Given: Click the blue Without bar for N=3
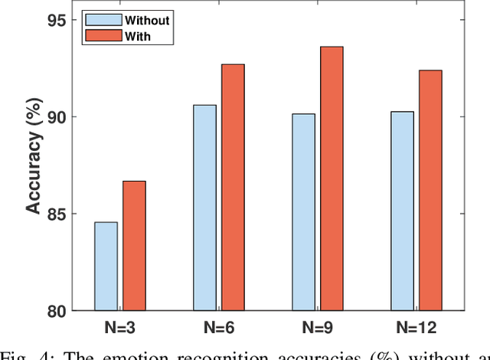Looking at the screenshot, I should tap(106, 266).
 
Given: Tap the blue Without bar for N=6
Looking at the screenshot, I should tap(204, 208).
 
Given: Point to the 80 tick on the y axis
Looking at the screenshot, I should tap(59, 311).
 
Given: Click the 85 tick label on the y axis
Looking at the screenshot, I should tap(59, 214).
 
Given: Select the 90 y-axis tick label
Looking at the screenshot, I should tap(59, 116).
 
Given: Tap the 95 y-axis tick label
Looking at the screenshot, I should tap(59, 20).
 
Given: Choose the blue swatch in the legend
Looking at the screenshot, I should tap(96, 19).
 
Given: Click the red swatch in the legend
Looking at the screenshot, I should tap(96, 35).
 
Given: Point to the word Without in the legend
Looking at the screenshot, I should tap(149, 20).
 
